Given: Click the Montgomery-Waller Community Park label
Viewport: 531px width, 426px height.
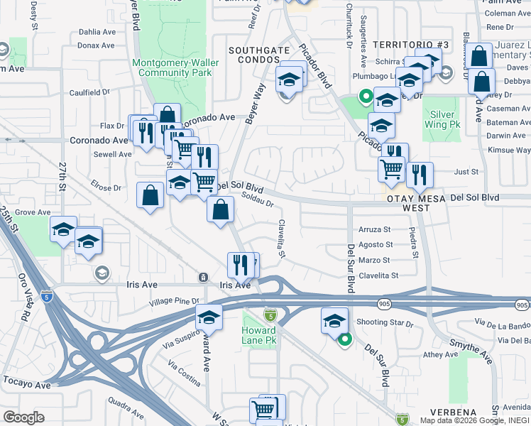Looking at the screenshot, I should (175, 67).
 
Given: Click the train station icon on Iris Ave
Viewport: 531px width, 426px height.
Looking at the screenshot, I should (204, 277).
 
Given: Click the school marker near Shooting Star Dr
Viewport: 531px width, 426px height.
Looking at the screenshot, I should (334, 319).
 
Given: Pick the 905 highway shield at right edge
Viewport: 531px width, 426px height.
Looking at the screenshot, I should (522, 305).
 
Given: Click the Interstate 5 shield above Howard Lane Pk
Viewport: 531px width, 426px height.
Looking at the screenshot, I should (270, 314).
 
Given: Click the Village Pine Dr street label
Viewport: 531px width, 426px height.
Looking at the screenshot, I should (174, 302).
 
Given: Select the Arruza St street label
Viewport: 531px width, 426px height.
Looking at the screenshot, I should (375, 229).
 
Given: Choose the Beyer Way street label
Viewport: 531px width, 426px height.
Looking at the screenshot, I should (255, 104).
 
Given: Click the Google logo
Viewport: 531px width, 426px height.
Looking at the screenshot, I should (23, 417).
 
